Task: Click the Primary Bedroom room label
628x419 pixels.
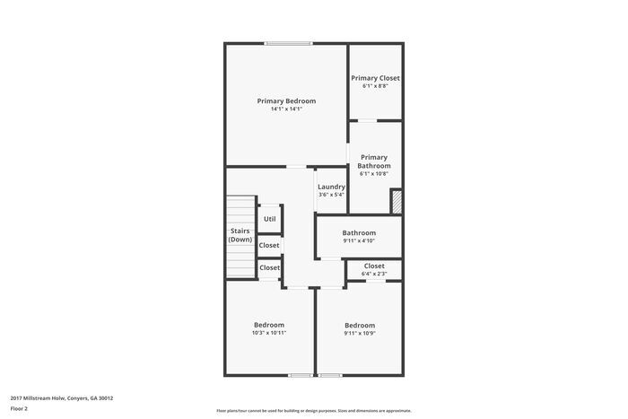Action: (x=286, y=100)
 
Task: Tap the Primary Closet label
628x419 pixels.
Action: (x=375, y=78)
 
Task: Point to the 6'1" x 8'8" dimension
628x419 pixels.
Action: (x=375, y=86)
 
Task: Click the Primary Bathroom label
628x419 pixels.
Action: (x=374, y=161)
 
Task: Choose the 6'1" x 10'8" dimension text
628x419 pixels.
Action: (x=374, y=174)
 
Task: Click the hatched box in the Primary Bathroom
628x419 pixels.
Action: (x=396, y=202)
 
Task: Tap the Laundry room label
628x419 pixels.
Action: (x=331, y=187)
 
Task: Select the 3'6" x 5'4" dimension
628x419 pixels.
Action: (x=331, y=195)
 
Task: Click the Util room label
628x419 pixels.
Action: (x=269, y=219)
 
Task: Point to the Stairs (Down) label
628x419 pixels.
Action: (x=240, y=235)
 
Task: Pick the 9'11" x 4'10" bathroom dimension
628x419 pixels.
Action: (x=359, y=240)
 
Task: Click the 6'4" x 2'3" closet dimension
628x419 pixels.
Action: (x=374, y=274)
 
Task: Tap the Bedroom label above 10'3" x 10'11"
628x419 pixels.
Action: (x=269, y=325)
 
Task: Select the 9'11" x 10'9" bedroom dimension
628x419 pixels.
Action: (x=359, y=333)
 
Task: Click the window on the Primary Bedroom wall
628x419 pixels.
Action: (x=288, y=43)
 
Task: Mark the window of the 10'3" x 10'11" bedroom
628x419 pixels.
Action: (x=301, y=375)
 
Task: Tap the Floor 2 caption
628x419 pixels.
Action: (x=19, y=408)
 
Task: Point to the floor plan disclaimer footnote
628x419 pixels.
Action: (x=313, y=409)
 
